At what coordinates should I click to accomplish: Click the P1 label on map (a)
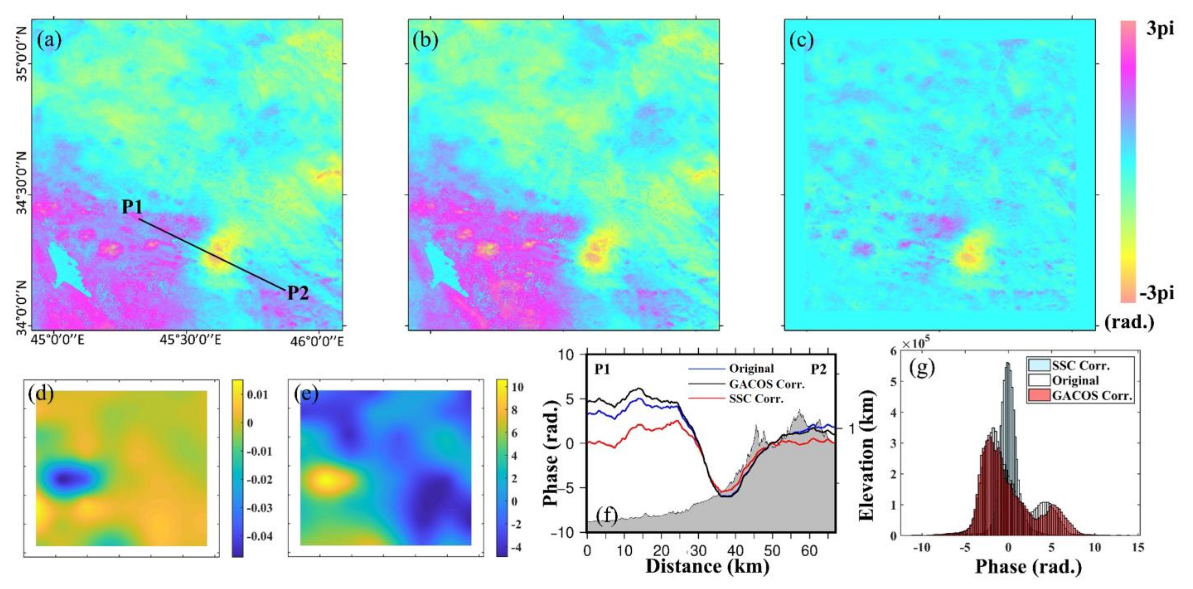132,207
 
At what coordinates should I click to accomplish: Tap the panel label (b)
425,41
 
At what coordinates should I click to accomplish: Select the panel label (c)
801,41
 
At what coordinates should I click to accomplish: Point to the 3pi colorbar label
1160,29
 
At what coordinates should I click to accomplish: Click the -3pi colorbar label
1157,293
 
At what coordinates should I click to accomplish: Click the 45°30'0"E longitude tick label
190,341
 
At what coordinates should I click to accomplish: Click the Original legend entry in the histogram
1075,380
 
